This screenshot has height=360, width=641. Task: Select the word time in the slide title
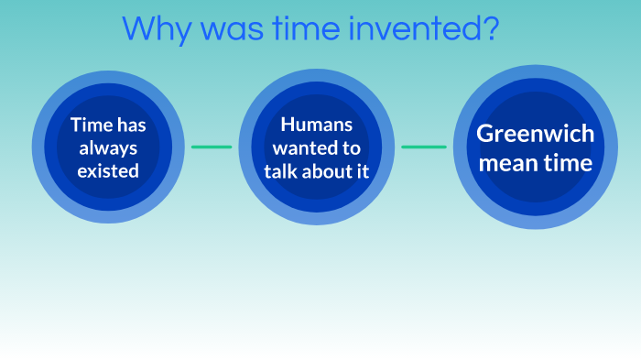[300, 28]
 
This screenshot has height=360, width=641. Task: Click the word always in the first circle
[108, 147]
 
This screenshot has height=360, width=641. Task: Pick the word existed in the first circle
[108, 169]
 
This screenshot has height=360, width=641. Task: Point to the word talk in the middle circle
[279, 169]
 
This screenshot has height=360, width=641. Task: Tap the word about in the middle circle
[324, 169]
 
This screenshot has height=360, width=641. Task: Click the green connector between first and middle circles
[212, 147]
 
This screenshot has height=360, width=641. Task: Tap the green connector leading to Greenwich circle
[424, 147]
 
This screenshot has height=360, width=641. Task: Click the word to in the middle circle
[351, 147]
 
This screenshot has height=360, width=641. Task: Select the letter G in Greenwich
[484, 134]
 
